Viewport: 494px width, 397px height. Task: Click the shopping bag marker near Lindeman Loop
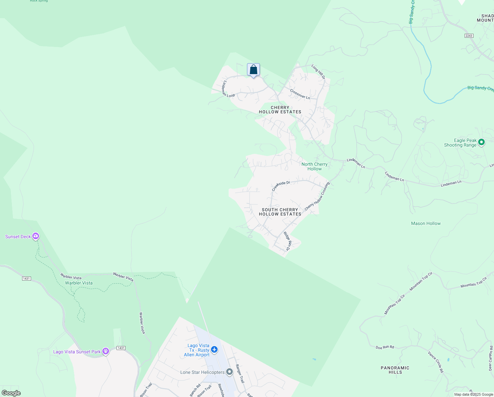253,70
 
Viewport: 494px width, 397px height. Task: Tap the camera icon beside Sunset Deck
36,237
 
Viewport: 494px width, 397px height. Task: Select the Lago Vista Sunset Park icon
106,351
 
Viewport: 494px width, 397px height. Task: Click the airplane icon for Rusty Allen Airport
214,350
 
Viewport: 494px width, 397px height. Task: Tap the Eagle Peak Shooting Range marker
481,143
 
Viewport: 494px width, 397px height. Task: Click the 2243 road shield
469,36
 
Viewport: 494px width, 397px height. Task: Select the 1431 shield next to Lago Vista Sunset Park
121,348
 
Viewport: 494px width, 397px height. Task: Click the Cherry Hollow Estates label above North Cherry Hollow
280,110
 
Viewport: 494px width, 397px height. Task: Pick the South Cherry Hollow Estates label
280,212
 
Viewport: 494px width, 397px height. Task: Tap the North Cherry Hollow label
314,166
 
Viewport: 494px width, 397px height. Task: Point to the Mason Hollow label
426,224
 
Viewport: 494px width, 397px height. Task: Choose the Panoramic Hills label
395,370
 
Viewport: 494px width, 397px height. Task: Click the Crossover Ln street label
300,94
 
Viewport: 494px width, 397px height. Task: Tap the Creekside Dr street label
281,186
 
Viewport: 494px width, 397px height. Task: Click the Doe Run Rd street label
385,347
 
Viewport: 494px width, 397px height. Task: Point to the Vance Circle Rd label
436,362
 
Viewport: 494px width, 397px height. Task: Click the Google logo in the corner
11,393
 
